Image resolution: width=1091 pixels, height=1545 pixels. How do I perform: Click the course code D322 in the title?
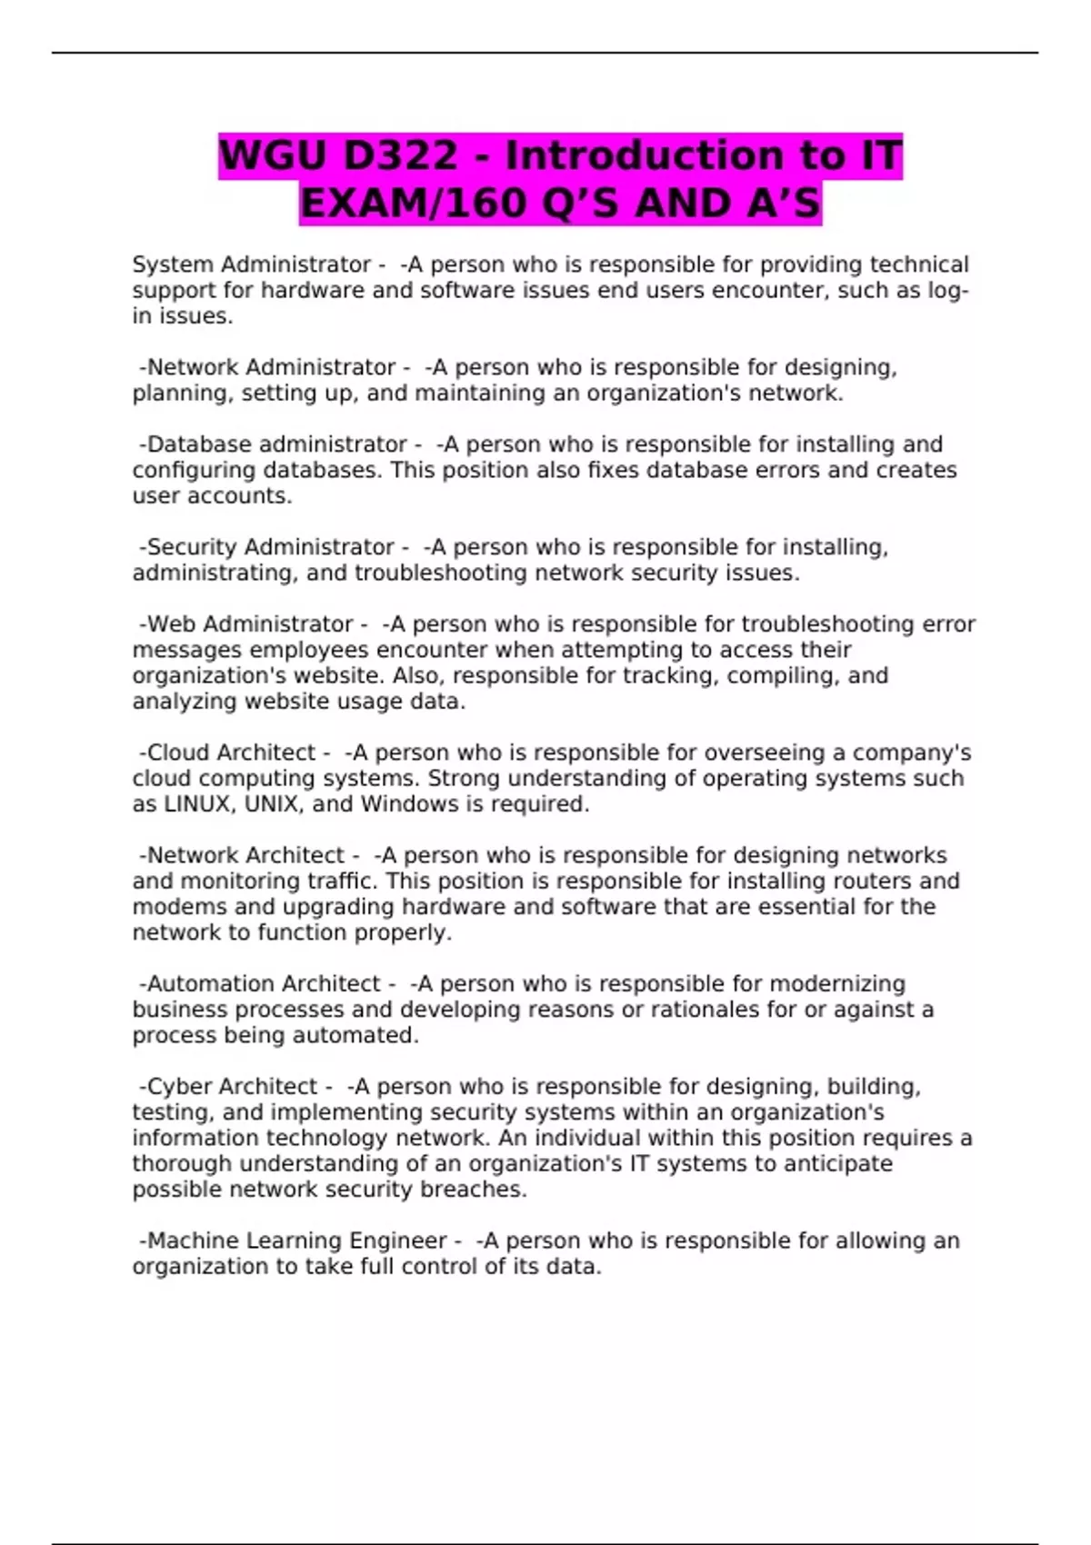click(401, 156)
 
